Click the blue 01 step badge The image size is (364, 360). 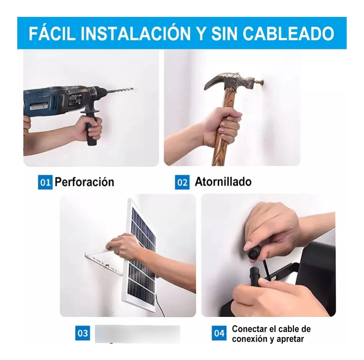tap(45, 182)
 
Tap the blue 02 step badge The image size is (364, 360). tap(182, 182)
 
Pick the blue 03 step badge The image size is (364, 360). tap(83, 333)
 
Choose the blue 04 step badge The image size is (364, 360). tap(219, 333)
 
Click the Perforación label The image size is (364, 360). tap(84, 182)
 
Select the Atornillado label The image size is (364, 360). tap(223, 182)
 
